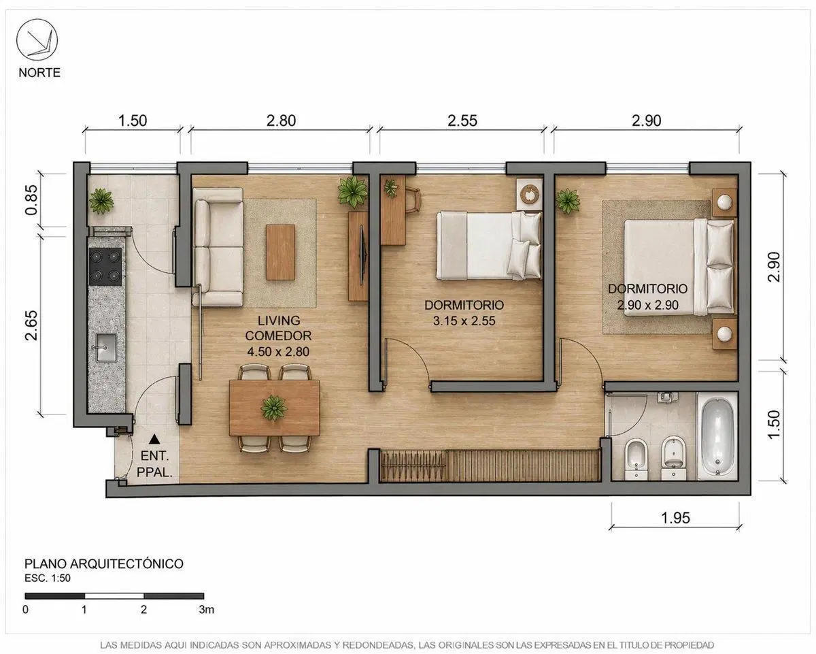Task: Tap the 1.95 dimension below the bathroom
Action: click(675, 518)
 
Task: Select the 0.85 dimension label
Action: click(32, 200)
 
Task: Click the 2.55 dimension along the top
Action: click(462, 120)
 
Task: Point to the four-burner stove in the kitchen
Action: click(105, 267)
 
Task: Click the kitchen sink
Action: click(107, 347)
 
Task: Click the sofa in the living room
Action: click(218, 247)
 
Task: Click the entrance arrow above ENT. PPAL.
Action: click(154, 439)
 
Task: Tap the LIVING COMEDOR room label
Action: click(278, 328)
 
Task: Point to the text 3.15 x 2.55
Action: click(464, 321)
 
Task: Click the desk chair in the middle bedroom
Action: click(413, 199)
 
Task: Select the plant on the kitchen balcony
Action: click(101, 201)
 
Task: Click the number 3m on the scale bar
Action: click(206, 610)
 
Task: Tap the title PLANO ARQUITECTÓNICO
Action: click(104, 563)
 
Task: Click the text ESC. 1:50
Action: click(48, 578)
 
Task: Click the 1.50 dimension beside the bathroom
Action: click(774, 424)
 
